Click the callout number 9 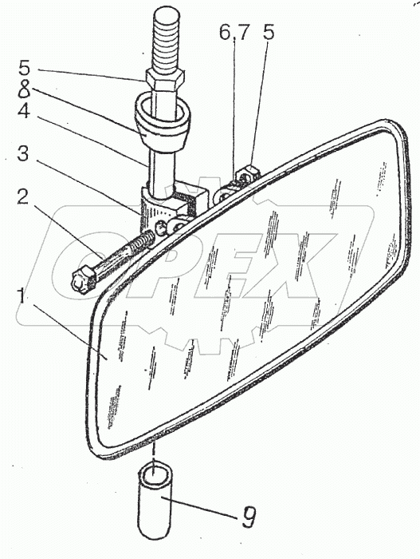(x=249, y=517)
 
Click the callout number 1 (x=22, y=296)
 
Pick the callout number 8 (x=24, y=89)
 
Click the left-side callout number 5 (x=25, y=68)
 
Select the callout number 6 (x=225, y=33)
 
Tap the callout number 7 (x=243, y=33)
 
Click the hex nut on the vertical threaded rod (x=164, y=81)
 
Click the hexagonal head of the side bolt (x=84, y=280)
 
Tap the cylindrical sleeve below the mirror (x=155, y=502)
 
